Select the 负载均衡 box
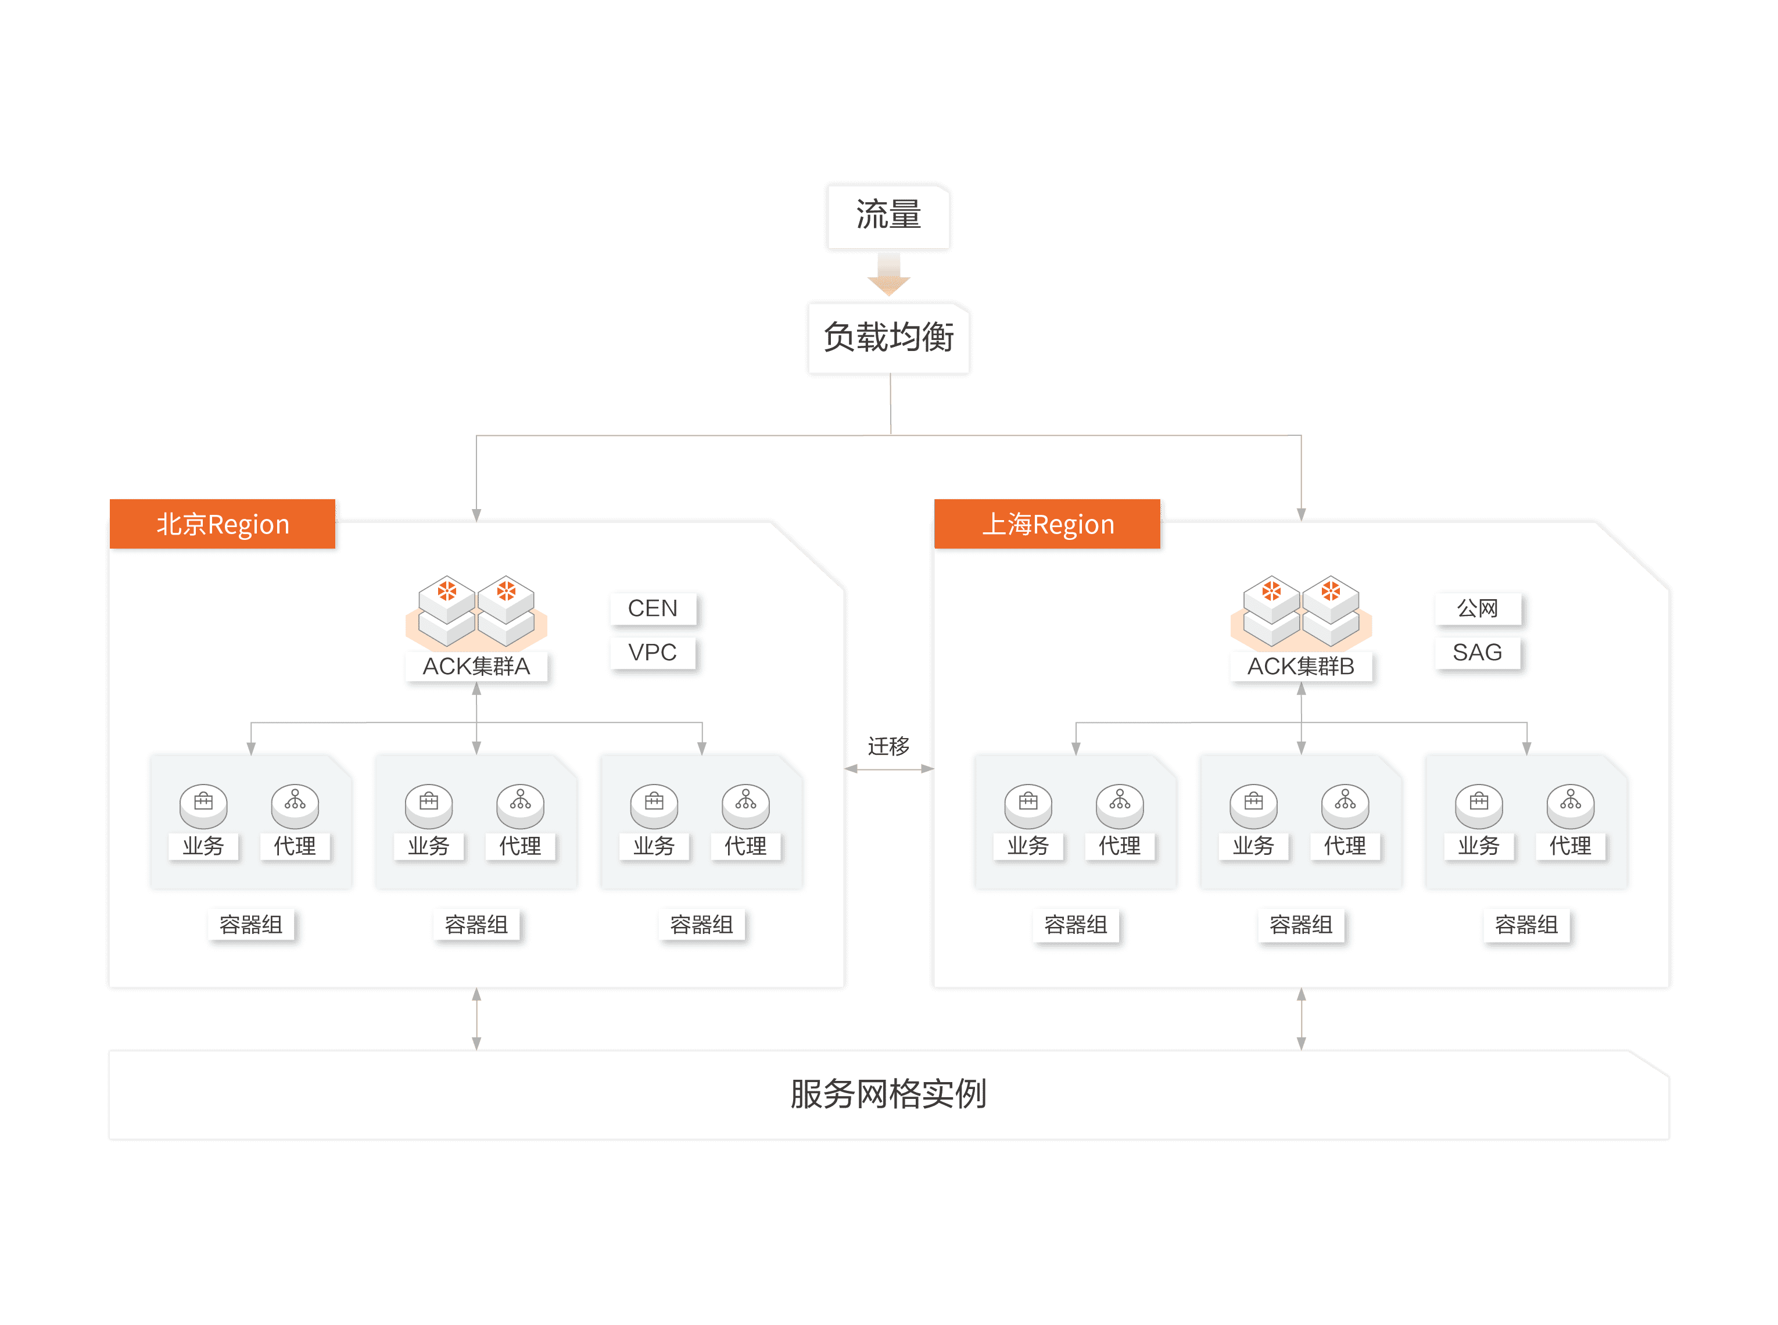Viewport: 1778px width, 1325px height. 888,338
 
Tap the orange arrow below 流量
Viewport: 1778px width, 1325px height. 888,275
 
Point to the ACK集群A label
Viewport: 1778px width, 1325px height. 476,667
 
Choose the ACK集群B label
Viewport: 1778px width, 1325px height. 1301,667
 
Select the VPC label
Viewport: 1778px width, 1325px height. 653,653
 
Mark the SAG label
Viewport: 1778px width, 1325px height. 1477,653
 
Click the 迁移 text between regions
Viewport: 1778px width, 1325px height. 888,746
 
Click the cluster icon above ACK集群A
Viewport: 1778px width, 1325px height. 476,611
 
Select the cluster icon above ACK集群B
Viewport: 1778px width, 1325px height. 1301,611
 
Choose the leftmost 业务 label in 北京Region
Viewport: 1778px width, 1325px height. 203,846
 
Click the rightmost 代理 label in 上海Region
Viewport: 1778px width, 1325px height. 1571,846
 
